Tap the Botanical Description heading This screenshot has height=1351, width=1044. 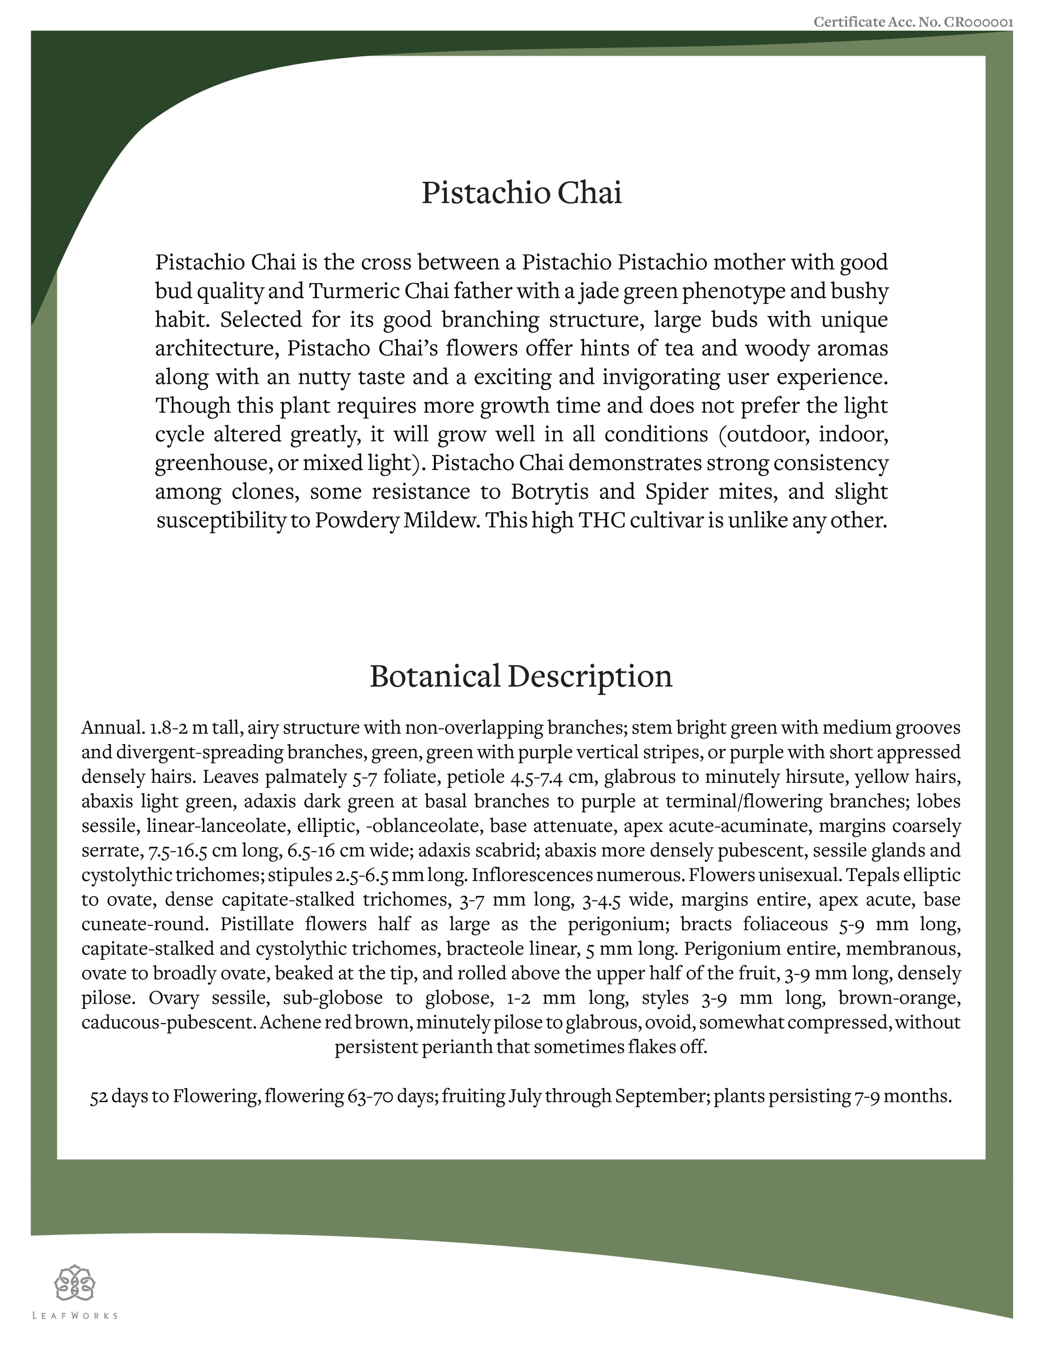point(521,676)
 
